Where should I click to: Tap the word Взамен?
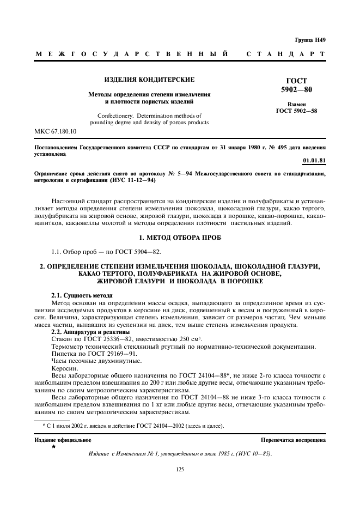click(296, 104)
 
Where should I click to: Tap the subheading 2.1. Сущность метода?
click(82, 295)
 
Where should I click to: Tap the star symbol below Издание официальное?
click(53, 447)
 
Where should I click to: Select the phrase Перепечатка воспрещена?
click(293, 440)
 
